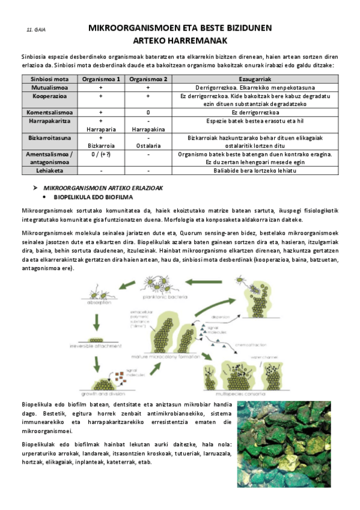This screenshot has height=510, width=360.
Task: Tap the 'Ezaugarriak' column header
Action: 256,79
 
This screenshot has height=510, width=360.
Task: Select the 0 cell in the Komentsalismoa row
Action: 148,112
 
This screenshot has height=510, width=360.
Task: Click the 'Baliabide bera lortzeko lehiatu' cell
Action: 256,171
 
